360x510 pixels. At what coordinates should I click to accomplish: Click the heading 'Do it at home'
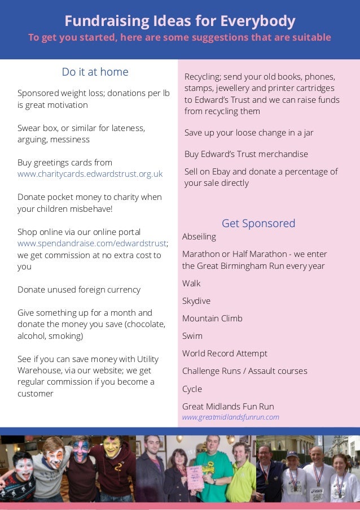coord(95,72)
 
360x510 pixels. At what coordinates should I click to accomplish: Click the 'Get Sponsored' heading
coord(258,223)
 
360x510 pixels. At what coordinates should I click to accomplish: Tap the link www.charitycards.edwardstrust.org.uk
coord(90,174)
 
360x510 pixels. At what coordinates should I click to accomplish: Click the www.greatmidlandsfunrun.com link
coord(230,417)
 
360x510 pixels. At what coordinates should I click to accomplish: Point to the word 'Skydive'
coord(196,301)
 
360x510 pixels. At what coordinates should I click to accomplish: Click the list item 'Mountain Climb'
coord(212,319)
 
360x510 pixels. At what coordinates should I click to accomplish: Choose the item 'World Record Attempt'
coord(225,354)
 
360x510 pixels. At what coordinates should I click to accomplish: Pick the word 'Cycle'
coord(192,389)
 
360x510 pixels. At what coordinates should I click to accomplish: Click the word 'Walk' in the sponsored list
coord(191,284)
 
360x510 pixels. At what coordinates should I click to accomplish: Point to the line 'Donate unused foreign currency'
coord(79,290)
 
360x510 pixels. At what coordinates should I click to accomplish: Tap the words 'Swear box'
coord(39,128)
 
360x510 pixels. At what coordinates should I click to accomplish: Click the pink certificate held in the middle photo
coord(195,477)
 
